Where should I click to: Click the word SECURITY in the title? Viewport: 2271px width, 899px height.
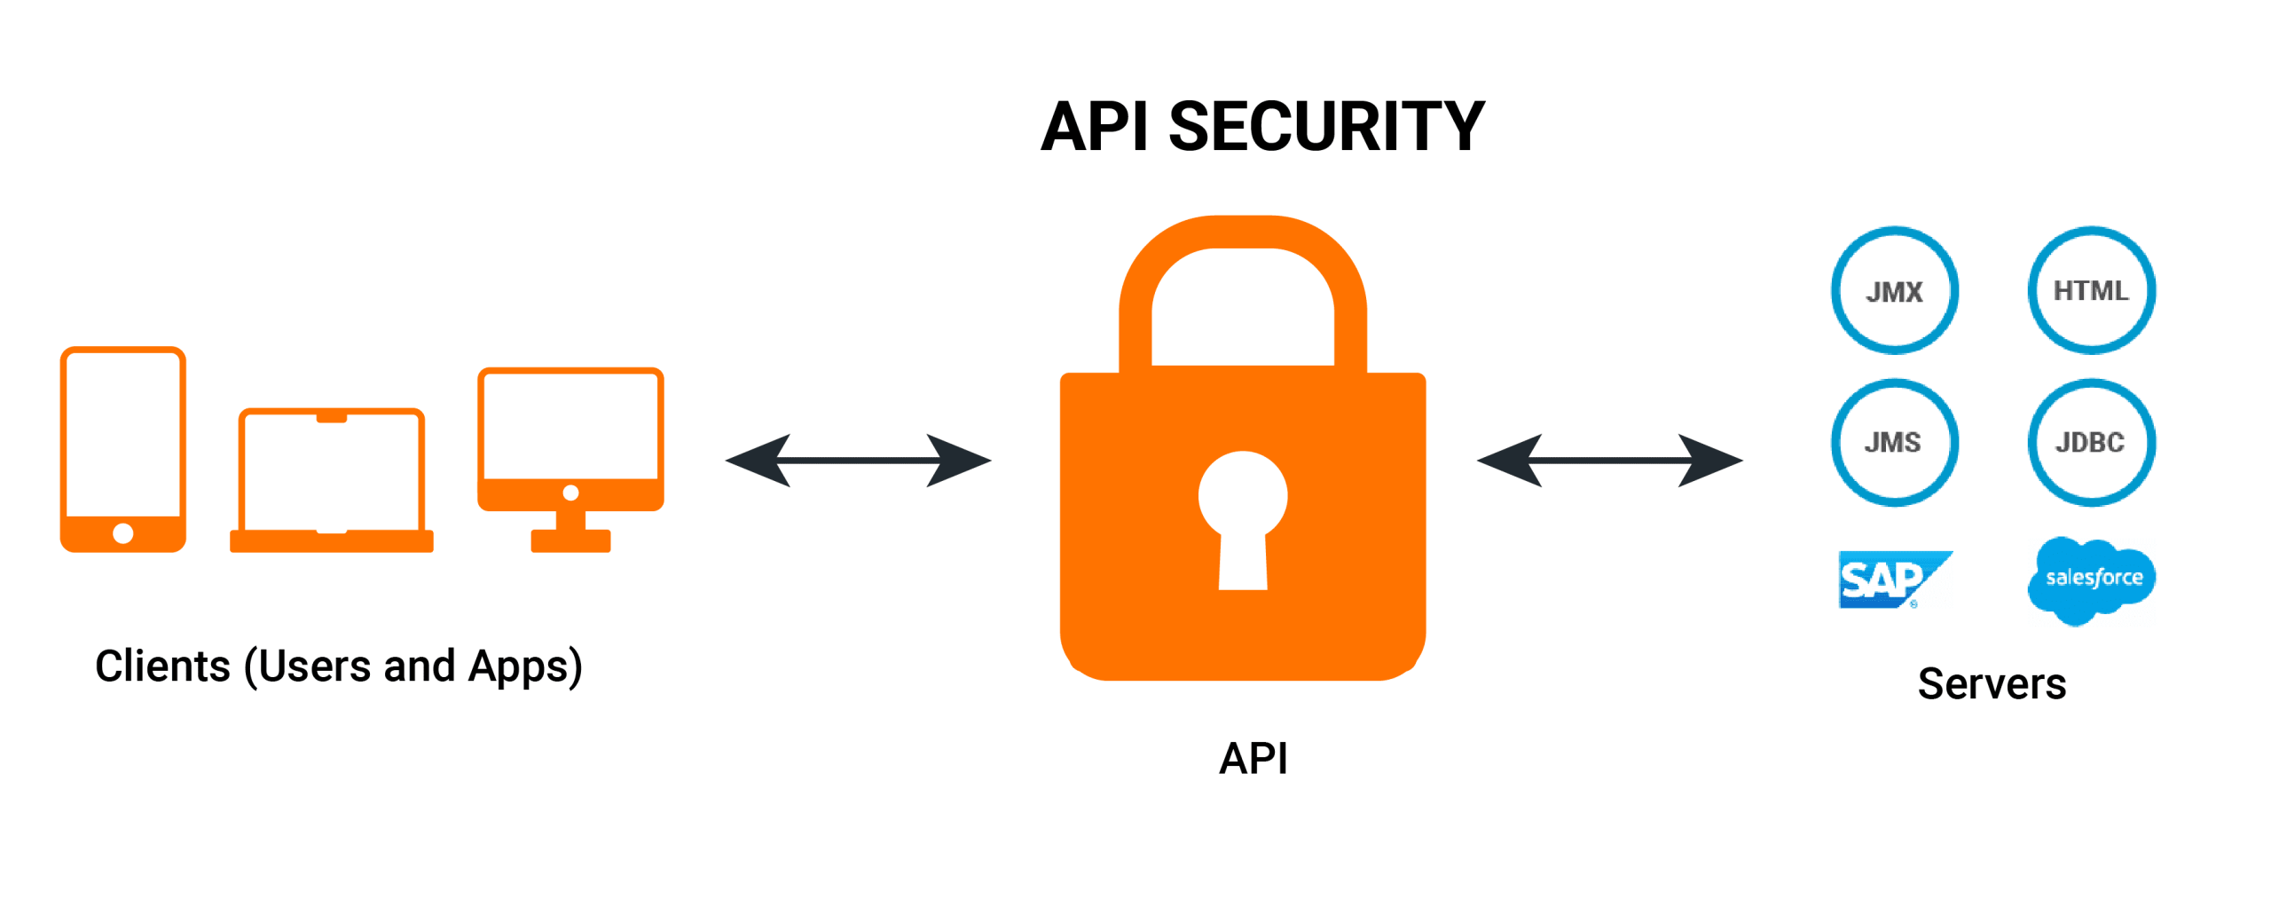[1325, 127]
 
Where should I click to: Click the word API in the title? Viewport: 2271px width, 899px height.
[1095, 127]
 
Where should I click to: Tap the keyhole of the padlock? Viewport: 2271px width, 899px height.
[1242, 515]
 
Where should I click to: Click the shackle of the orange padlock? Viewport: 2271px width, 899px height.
[1242, 233]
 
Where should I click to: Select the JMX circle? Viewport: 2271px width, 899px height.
[1894, 290]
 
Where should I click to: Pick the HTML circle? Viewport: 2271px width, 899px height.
[2091, 290]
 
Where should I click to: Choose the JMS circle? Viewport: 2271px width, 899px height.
[1894, 442]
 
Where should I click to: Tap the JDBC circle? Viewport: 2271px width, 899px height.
[2091, 442]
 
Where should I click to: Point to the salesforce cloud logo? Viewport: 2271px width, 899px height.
[2092, 579]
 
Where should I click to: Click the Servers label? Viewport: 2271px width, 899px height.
[1991, 683]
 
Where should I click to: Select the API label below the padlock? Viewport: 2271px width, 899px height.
[1253, 758]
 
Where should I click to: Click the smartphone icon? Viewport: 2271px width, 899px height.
[122, 448]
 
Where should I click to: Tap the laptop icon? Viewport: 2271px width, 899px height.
[331, 479]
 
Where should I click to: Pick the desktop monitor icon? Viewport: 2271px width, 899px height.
[570, 457]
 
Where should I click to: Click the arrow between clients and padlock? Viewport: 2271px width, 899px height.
[857, 460]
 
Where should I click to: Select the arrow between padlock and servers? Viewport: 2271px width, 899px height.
[1608, 460]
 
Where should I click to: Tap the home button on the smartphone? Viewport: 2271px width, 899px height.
[122, 532]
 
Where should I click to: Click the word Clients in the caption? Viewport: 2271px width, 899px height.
[162, 666]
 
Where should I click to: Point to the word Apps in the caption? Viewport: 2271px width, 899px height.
[523, 666]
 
